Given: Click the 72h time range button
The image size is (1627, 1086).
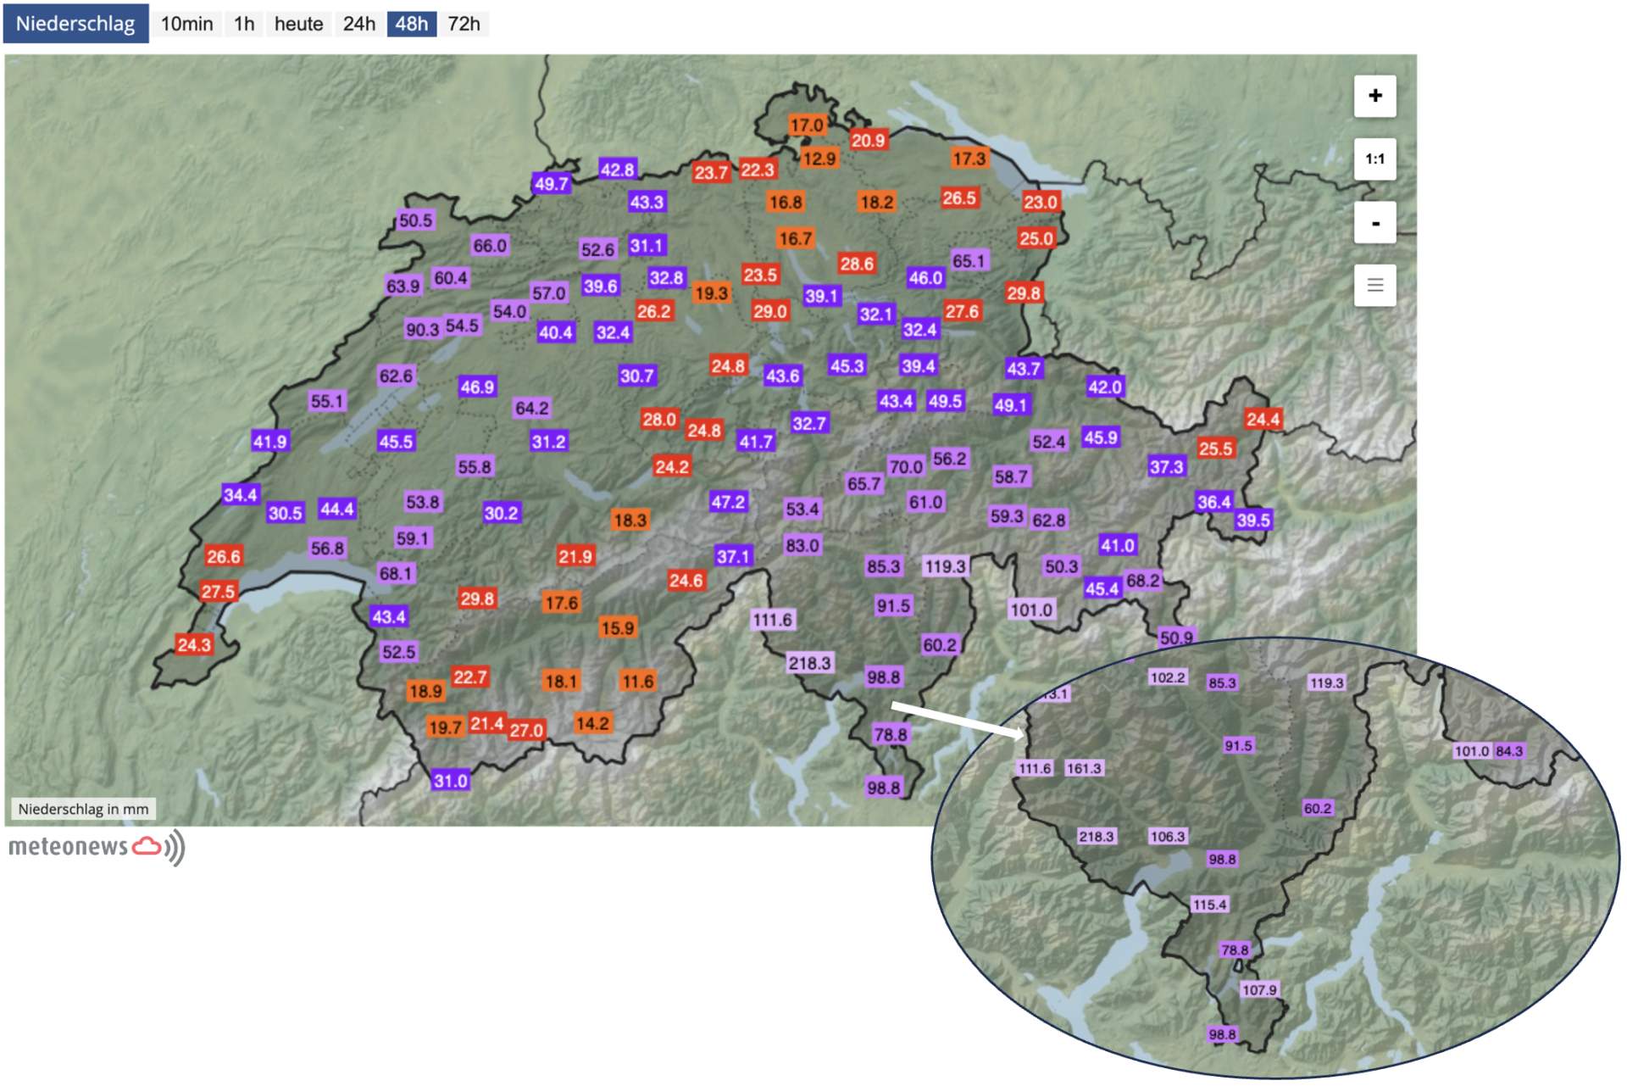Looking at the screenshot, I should pyautogui.click(x=464, y=24).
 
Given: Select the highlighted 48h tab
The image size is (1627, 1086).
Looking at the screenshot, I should pyautogui.click(x=412, y=24).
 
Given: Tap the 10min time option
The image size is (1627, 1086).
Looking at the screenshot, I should pyautogui.click(x=186, y=24).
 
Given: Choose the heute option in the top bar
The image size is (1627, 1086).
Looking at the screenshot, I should pyautogui.click(x=298, y=24).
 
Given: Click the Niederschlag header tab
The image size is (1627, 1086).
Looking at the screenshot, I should pyautogui.click(x=75, y=24).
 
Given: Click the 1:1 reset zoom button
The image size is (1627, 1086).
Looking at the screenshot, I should pyautogui.click(x=1374, y=159).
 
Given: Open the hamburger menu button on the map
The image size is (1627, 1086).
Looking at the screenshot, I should pyautogui.click(x=1374, y=286).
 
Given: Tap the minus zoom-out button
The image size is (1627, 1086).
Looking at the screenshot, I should pyautogui.click(x=1374, y=223).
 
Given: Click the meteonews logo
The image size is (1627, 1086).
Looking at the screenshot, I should pyautogui.click(x=96, y=847).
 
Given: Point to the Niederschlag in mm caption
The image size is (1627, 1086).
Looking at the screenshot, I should pyautogui.click(x=83, y=809).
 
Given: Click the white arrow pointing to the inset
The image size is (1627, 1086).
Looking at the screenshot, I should pyautogui.click(x=958, y=719).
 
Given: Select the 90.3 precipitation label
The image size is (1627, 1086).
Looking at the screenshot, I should pyautogui.click(x=423, y=329).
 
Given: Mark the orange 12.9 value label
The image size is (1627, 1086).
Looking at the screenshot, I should pyautogui.click(x=819, y=159).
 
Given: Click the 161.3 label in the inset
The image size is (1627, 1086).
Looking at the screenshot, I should pyautogui.click(x=1084, y=768).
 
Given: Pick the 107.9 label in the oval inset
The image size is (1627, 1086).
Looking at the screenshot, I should pyautogui.click(x=1259, y=989).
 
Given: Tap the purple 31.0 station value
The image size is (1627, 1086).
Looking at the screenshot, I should pyautogui.click(x=450, y=780).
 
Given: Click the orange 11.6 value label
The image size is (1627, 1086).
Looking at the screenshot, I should pyautogui.click(x=638, y=681).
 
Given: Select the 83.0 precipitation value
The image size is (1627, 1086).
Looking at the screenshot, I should pyautogui.click(x=802, y=545).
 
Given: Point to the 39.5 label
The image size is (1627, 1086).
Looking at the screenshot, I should pyautogui.click(x=1253, y=520).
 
